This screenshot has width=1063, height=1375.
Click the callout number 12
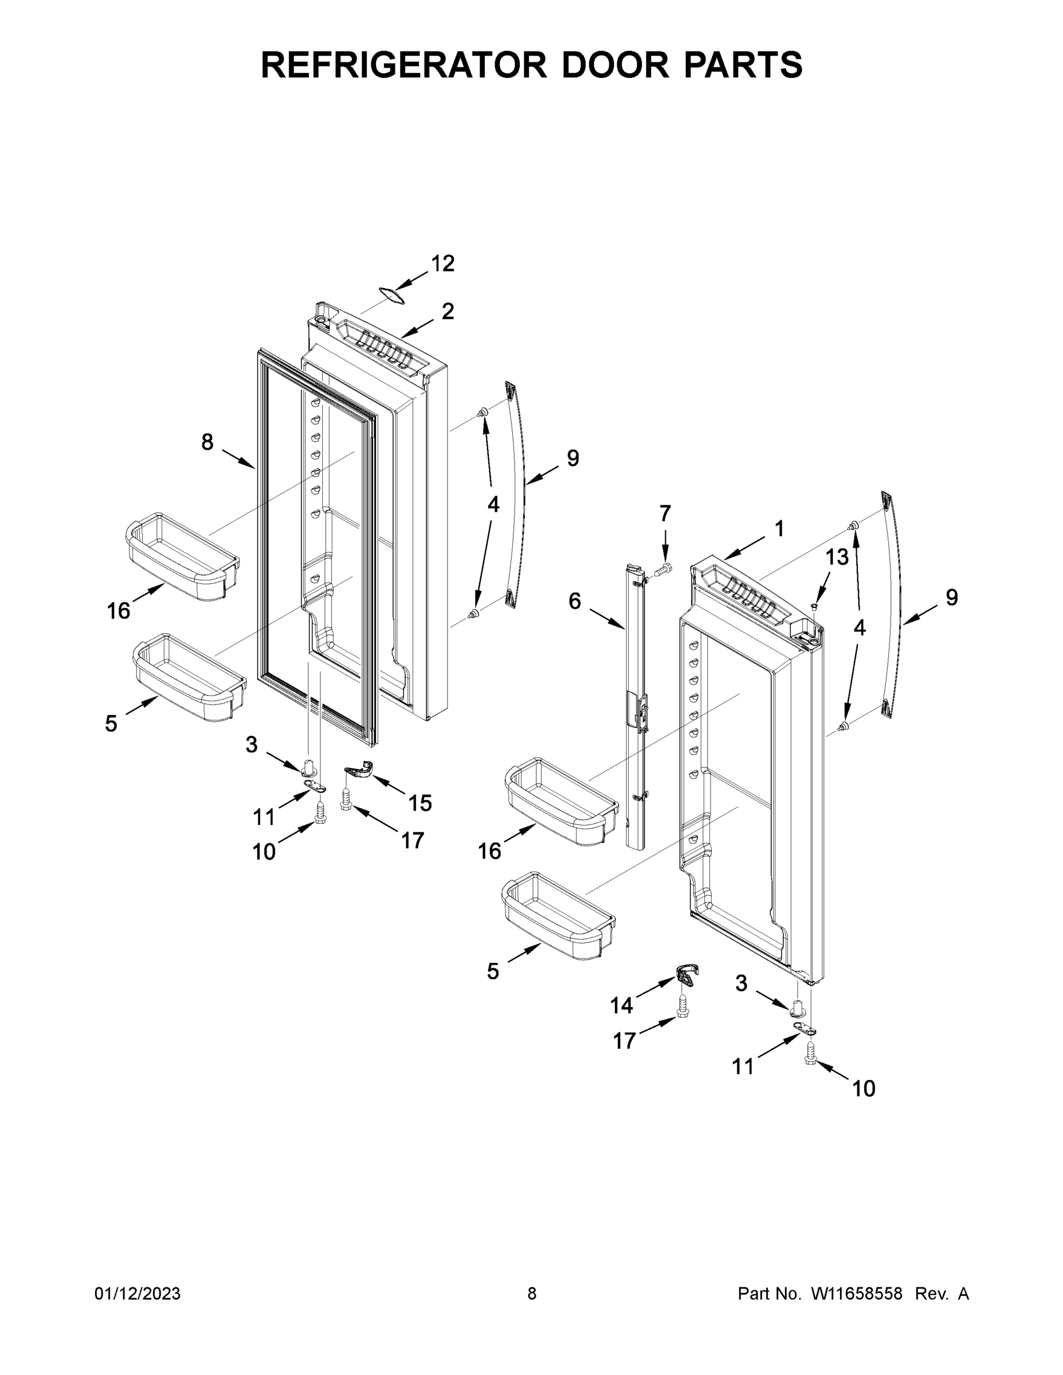[443, 264]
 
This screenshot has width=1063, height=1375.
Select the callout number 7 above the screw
[665, 514]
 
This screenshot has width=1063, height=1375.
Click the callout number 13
[837, 556]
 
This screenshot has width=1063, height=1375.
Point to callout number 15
[420, 803]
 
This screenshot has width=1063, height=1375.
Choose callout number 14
[621, 1005]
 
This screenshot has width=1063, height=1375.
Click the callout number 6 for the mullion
[574, 601]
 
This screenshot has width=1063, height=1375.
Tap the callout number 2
[448, 311]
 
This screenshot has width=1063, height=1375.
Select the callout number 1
[779, 529]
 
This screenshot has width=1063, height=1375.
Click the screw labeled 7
[661, 571]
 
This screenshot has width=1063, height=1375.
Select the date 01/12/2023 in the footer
[138, 1293]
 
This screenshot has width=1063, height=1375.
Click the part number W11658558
[857, 1293]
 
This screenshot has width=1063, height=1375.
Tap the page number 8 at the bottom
[532, 1293]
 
